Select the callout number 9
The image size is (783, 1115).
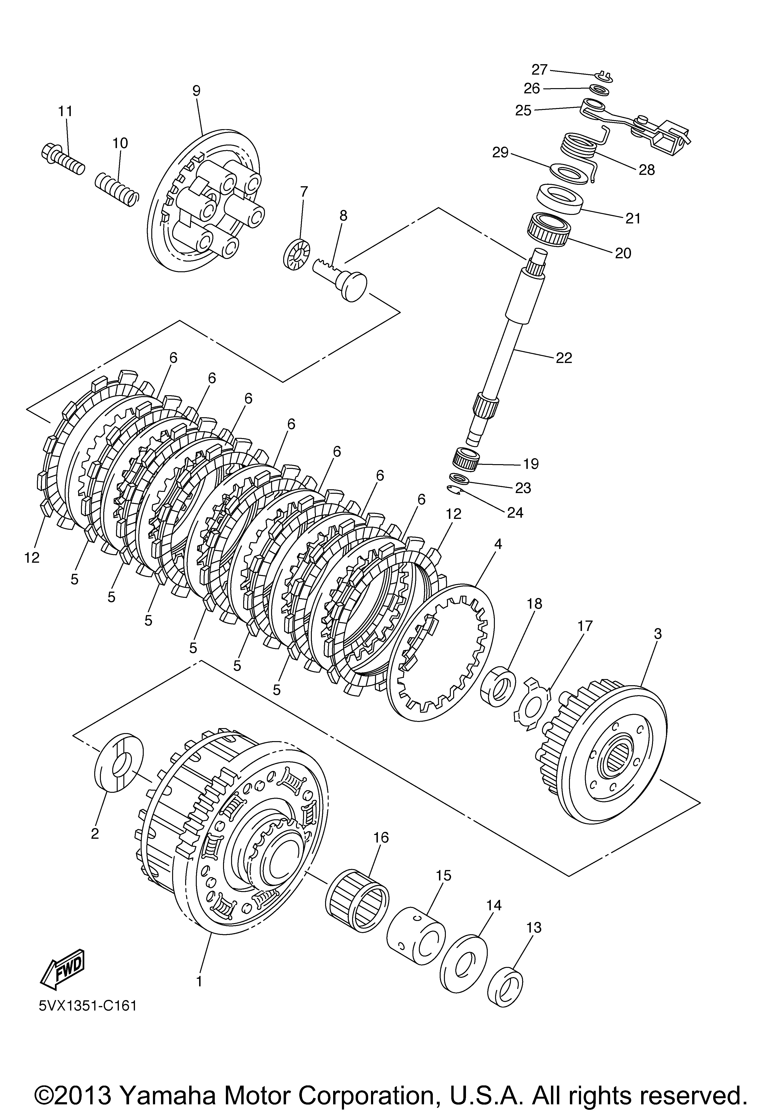coord(196,90)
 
